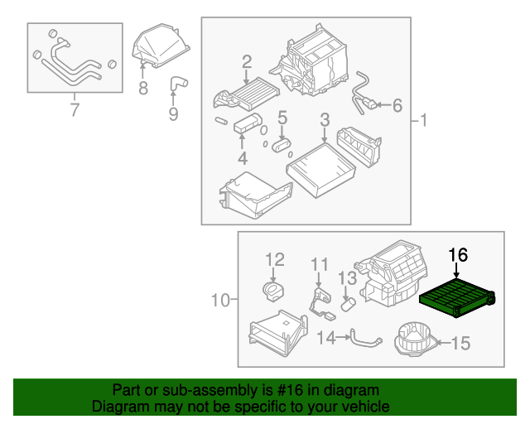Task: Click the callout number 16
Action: pos(458,254)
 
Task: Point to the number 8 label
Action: pos(143,88)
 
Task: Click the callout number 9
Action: pos(173,113)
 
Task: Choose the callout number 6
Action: pos(397,105)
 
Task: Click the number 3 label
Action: pos(325,119)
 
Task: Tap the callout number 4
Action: pos(242,157)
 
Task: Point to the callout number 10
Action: pos(219,299)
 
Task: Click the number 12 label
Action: pos(274,260)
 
